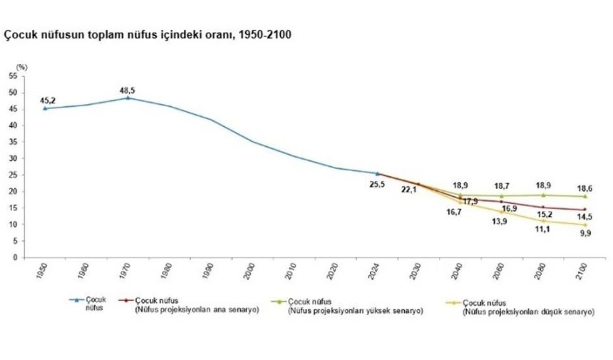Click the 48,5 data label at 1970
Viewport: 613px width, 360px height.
(128, 90)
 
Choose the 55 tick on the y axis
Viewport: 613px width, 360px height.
(13, 76)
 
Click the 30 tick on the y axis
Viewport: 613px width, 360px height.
(13, 158)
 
